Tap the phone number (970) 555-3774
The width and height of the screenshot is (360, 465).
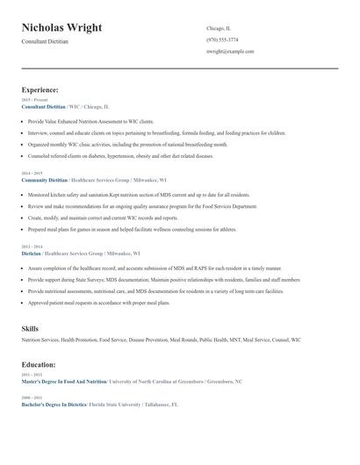point(221,39)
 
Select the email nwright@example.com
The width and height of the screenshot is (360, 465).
point(230,52)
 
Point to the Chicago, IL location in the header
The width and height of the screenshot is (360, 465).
point(219,28)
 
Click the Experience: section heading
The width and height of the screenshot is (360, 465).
point(40,89)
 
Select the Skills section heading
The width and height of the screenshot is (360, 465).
point(30,328)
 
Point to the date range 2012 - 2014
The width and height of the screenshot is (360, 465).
point(31,247)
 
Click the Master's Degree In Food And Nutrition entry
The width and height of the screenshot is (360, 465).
point(63,383)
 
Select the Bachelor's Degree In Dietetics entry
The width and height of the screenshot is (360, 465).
point(54,405)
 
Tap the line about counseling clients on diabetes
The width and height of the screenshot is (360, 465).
point(120,155)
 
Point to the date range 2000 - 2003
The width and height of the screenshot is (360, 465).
point(31,398)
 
